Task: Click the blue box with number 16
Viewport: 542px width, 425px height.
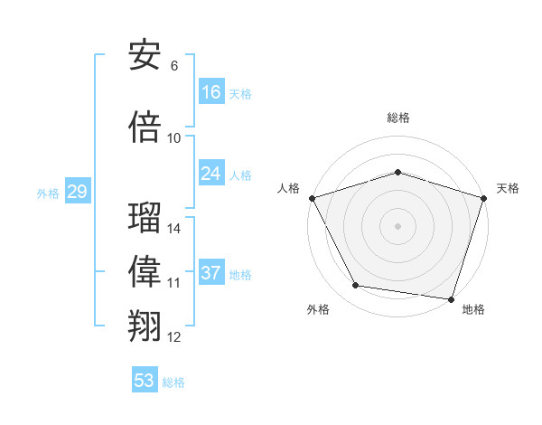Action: (x=211, y=92)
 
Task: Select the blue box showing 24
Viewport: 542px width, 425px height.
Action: (x=211, y=174)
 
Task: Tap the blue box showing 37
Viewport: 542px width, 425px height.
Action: (x=211, y=273)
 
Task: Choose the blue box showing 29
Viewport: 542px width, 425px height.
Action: (x=77, y=192)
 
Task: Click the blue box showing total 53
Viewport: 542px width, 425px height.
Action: (x=145, y=381)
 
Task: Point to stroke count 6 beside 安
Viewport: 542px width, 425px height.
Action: (x=173, y=65)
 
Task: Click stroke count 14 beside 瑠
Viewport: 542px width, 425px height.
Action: (x=174, y=228)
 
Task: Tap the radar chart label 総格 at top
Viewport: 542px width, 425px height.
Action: (x=397, y=118)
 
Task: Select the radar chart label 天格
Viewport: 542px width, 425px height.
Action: (x=508, y=188)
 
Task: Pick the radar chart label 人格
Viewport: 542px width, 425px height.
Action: (x=288, y=188)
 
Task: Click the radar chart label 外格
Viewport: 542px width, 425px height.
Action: (x=318, y=309)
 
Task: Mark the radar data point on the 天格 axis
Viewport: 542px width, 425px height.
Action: (x=483, y=198)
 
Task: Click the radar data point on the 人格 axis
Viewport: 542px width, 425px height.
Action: (x=312, y=198)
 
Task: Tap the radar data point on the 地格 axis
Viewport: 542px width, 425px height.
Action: (x=451, y=298)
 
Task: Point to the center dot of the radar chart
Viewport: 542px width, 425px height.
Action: (x=397, y=225)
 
